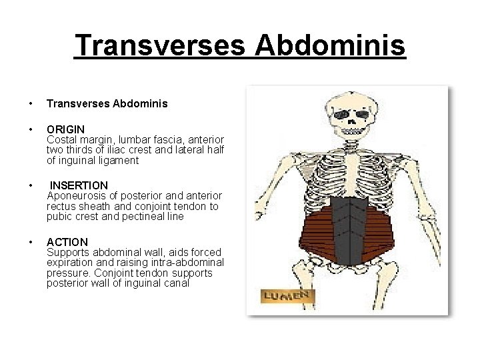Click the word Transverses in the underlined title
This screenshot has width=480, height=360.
pos(160,46)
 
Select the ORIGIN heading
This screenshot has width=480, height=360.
pos(65,129)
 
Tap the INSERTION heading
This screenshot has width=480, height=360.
pos(79,185)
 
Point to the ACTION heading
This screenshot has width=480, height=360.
pos(67,242)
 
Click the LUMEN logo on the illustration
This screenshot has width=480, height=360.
pos(287,295)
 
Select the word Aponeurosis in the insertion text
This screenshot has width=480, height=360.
pos(77,195)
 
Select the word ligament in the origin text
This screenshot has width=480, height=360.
pos(118,160)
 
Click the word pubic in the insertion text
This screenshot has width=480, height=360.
pos(59,217)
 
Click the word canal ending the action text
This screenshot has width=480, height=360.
pos(175,283)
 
